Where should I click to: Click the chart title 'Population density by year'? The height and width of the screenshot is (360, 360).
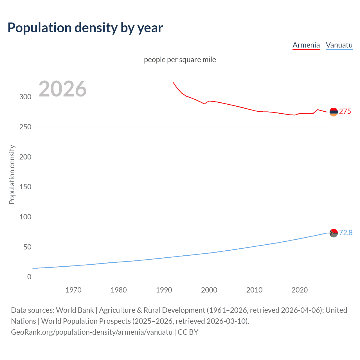(x=85, y=28)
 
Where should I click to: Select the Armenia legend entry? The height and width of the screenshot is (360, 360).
(x=306, y=45)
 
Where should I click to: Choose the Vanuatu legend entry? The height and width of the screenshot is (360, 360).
(x=339, y=45)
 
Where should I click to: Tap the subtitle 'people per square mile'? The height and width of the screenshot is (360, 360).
(x=180, y=60)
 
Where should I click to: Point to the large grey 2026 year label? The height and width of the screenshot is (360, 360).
(x=62, y=89)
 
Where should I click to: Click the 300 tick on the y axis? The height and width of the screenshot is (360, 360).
(x=25, y=97)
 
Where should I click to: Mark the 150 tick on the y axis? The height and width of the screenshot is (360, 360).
(x=25, y=187)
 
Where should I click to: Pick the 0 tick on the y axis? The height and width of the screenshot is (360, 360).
(x=29, y=277)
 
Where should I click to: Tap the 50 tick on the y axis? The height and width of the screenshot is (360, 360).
(x=27, y=247)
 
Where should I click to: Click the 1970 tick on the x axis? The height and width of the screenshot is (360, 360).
(x=73, y=290)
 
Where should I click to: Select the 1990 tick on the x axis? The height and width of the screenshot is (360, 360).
(x=164, y=290)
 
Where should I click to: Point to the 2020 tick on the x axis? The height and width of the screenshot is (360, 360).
(x=300, y=290)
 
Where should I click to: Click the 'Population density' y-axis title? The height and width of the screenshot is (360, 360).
(x=12, y=174)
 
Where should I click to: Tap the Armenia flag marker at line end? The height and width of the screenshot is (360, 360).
(x=334, y=112)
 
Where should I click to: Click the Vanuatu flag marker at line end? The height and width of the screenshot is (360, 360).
(x=334, y=233)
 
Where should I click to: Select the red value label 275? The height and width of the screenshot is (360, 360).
(x=345, y=112)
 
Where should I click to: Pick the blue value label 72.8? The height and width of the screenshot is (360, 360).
(x=346, y=233)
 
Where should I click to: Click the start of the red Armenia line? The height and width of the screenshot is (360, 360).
(x=173, y=82)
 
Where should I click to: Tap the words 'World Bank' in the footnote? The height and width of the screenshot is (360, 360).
(x=75, y=310)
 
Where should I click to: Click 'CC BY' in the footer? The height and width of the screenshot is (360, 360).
(x=188, y=332)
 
